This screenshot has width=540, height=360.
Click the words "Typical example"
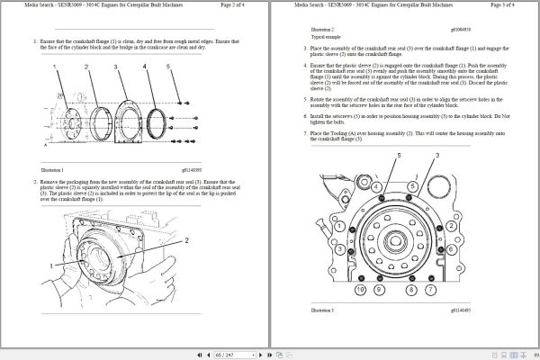303,35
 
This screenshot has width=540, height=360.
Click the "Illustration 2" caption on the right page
301,29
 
